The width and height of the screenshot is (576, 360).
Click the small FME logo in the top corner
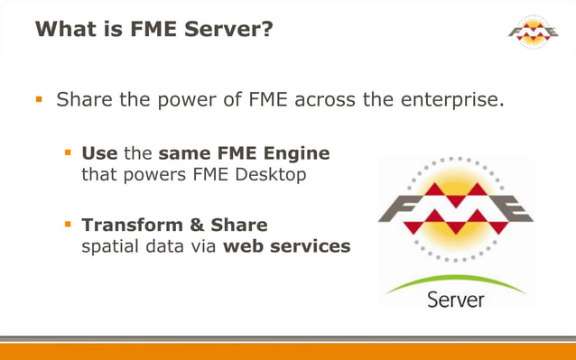533,32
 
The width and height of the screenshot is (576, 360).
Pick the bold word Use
99,153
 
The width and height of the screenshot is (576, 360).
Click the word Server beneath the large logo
456,299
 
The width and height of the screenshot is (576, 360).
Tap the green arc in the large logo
455,281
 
